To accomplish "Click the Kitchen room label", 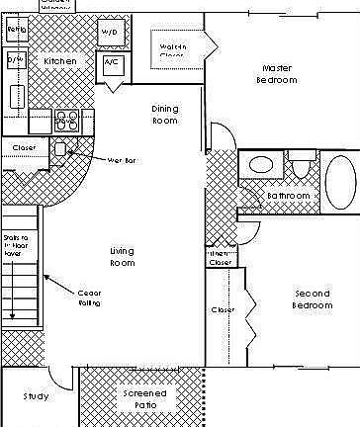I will [59, 61].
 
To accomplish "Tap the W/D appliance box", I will [109, 32].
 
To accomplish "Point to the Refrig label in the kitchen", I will [16, 31].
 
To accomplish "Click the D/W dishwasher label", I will [16, 60].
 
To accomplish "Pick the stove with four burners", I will [66, 120].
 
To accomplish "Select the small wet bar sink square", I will [59, 149].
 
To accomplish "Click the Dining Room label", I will [165, 114].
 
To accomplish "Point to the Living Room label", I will [122, 257].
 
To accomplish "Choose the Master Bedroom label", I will [276, 74].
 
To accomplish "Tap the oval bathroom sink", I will [262, 165].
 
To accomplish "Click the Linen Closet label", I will [221, 257].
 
